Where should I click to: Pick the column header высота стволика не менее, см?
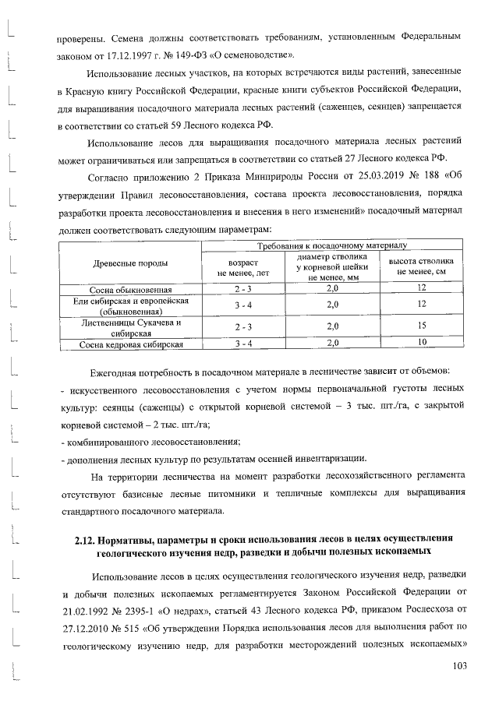point(421,266)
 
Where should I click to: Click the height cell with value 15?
point(421,326)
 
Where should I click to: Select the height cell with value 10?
point(421,343)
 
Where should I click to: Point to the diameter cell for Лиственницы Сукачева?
point(332,326)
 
